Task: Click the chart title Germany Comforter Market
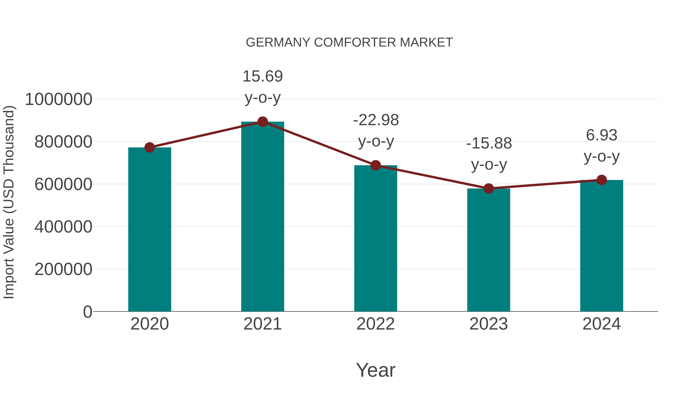349,43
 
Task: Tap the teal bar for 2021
262,217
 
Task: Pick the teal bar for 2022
376,239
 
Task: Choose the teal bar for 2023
489,250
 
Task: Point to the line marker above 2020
150,147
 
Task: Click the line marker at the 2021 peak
262,122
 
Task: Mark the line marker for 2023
489,188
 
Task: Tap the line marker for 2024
602,180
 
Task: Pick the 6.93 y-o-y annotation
602,145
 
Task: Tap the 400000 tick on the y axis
63,227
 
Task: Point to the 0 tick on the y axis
87,312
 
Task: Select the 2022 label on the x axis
376,324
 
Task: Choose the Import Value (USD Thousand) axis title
9,202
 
